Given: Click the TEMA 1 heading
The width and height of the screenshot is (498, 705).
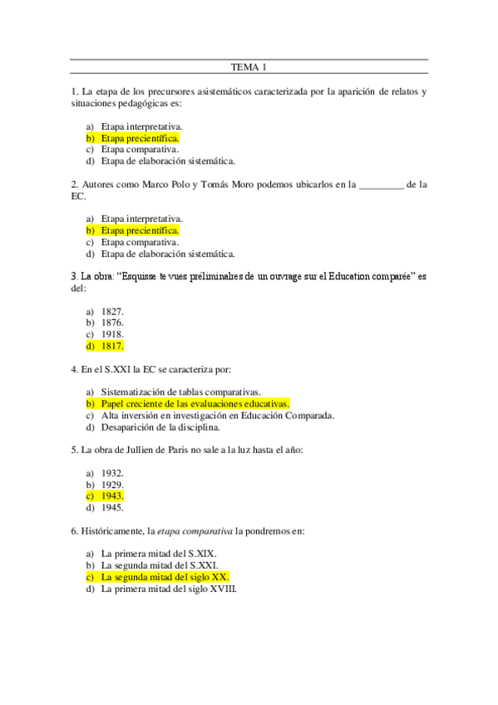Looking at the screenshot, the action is [248, 67].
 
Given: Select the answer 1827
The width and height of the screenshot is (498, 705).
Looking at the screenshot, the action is [112, 310].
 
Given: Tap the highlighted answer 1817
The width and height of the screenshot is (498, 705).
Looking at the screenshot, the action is [112, 345].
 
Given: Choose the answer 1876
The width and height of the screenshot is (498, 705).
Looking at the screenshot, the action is [112, 322].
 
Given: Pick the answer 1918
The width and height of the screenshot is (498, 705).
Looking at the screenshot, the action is [112, 333].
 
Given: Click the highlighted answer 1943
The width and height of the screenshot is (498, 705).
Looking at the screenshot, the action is [112, 495].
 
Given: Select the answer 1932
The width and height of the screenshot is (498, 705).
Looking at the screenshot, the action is [112, 472].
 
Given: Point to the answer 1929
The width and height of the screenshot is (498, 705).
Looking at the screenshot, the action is [112, 484].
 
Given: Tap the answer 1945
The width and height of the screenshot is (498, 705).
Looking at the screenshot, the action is [112, 507].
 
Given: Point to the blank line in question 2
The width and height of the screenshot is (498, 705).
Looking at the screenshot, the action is [379, 186].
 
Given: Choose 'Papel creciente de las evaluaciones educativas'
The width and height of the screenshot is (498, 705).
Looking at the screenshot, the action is [195, 404].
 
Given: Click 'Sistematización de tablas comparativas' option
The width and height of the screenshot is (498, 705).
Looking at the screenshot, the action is [181, 392].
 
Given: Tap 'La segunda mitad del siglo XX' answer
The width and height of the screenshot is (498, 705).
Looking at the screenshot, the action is [165, 576].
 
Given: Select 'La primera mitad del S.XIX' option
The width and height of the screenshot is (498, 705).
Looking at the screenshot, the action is [159, 553].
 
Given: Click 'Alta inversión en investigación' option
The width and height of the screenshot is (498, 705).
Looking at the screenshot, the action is [217, 416].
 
